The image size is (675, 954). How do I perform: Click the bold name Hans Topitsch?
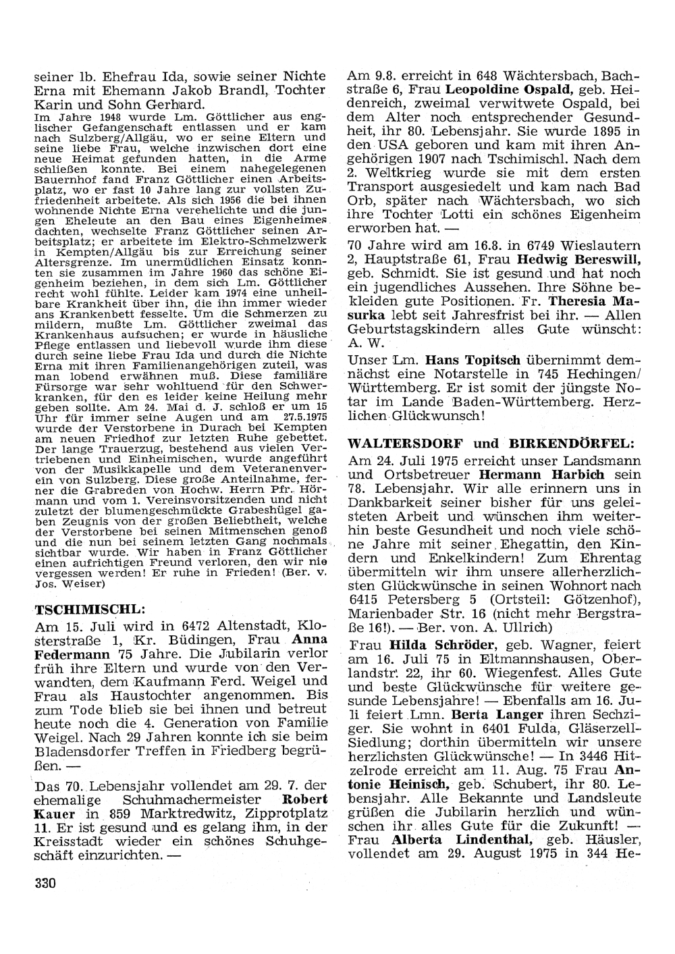pyautogui.click(x=466, y=361)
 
